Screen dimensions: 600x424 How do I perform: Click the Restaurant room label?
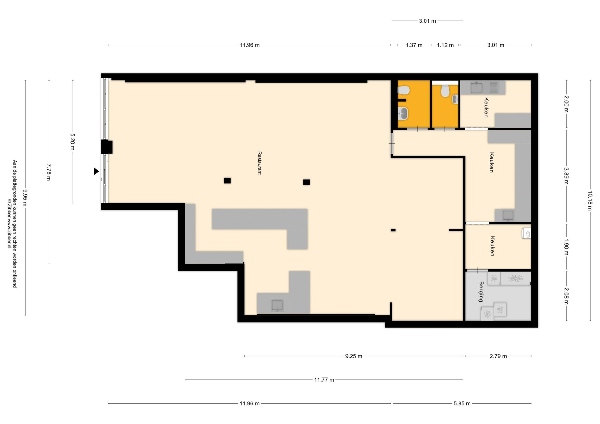pos(259,163)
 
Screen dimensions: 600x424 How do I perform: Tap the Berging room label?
pos(481,292)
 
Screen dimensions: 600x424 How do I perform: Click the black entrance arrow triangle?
pos(96,171)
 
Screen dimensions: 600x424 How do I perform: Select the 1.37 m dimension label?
pos(414,45)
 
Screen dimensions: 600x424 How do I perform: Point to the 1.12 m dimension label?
pos(445,45)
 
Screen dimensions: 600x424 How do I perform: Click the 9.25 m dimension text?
pos(354,356)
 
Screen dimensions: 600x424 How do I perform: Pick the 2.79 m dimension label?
pos(498,356)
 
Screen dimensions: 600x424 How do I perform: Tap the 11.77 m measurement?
pos(324,380)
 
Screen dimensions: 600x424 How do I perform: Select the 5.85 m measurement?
pos(462,404)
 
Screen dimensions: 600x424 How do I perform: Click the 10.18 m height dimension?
pos(590,201)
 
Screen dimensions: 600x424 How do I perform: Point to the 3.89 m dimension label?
pos(566,176)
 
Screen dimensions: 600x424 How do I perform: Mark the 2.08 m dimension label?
pos(566,296)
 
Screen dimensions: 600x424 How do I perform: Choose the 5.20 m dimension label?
pos(72,142)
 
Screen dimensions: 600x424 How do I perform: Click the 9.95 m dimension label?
pos(25,198)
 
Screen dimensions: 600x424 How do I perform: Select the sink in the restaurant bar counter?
pos(277,306)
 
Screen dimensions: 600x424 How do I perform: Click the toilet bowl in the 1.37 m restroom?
pos(403,90)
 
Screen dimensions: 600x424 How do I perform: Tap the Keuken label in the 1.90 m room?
pos(492,246)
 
